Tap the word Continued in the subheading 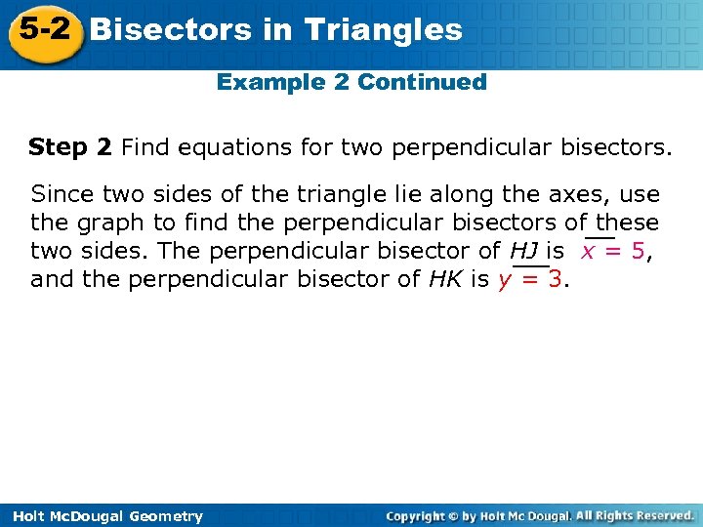tap(422, 82)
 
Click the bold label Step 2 tap(70, 147)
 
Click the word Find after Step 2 tap(145, 147)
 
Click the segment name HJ tap(524, 251)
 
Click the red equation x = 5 tap(613, 251)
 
